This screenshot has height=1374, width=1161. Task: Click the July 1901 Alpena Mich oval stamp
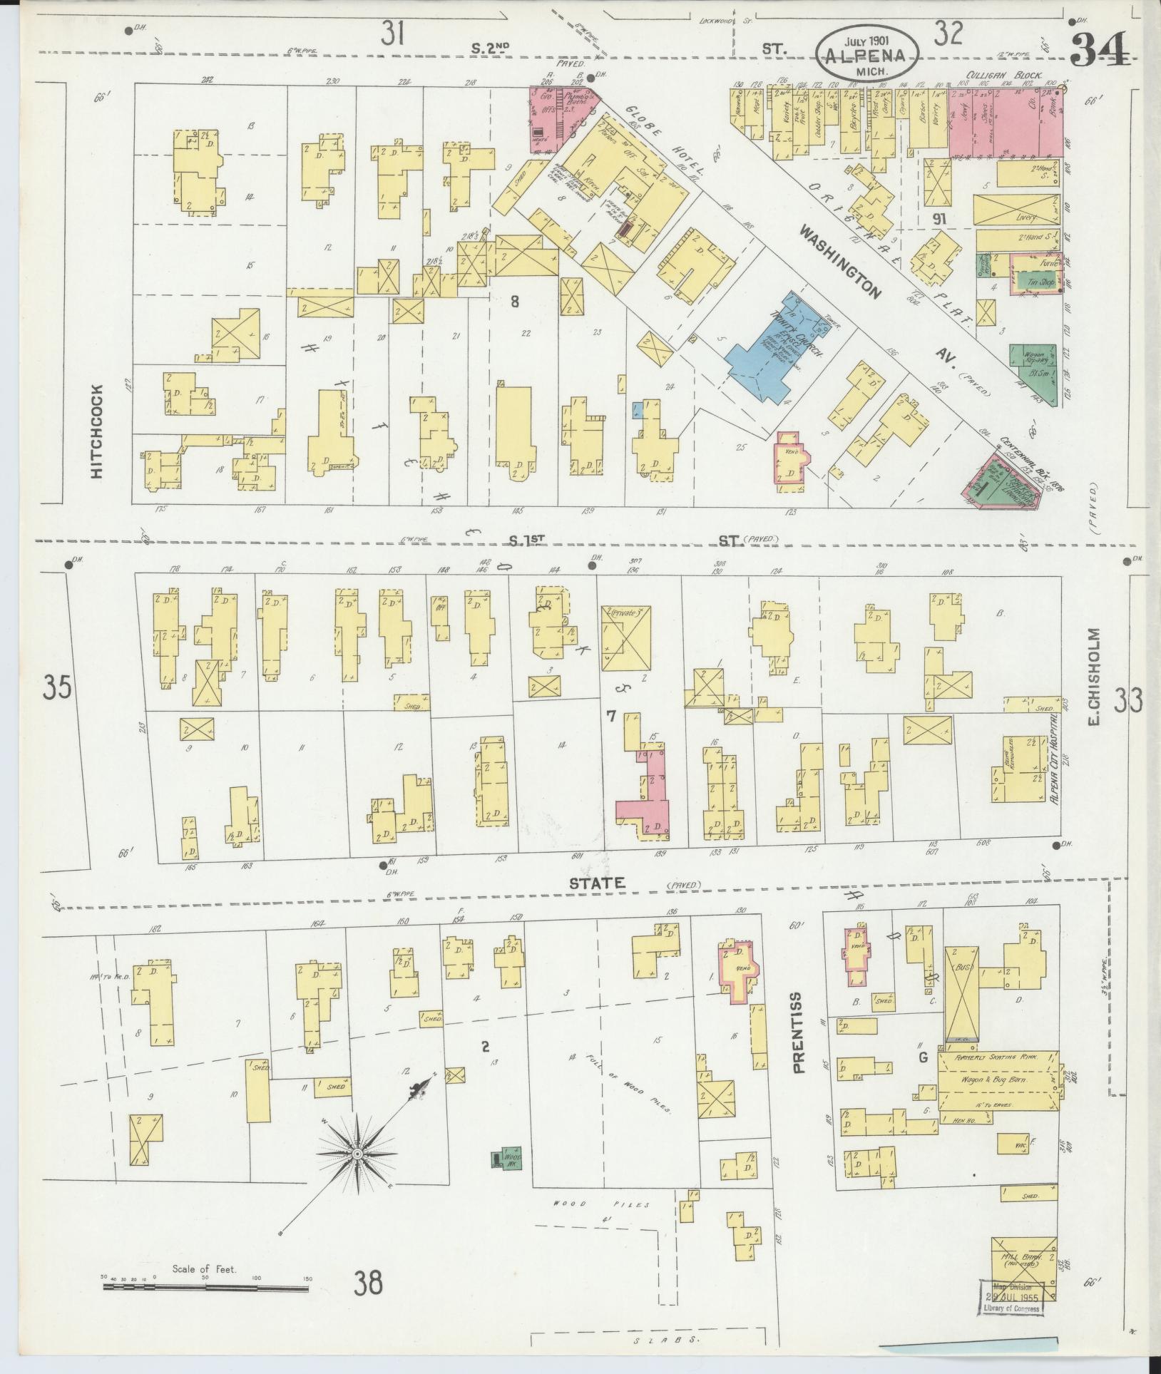(868, 54)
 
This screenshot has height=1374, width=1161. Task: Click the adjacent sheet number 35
(56, 689)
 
